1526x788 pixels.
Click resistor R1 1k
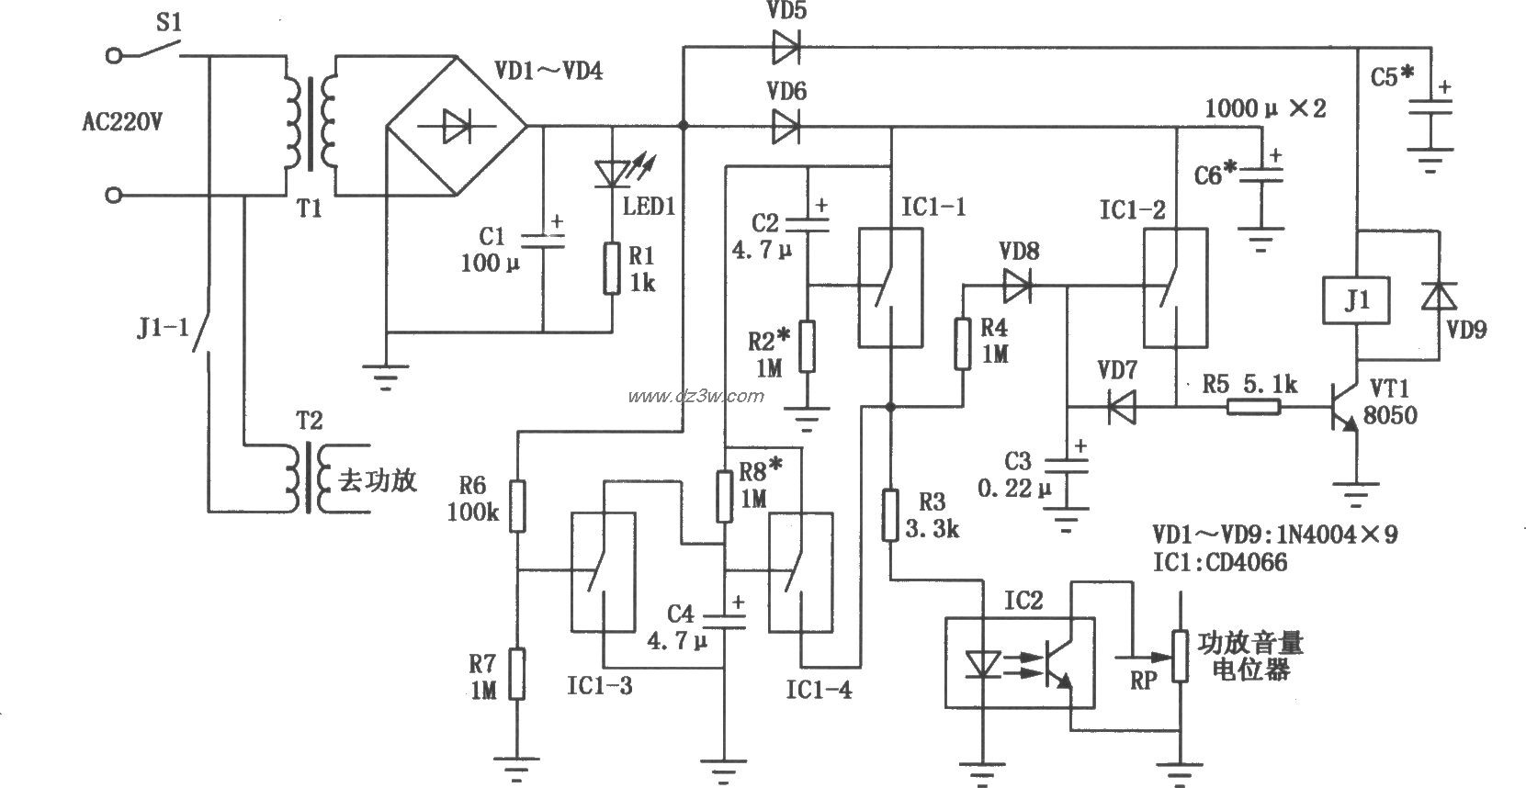612,268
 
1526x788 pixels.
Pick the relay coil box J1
1356,300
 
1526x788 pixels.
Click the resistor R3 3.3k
889,515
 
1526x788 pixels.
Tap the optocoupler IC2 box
1020,662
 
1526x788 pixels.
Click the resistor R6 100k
517,506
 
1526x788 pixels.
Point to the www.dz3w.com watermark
696,396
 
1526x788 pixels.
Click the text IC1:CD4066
1220,561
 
